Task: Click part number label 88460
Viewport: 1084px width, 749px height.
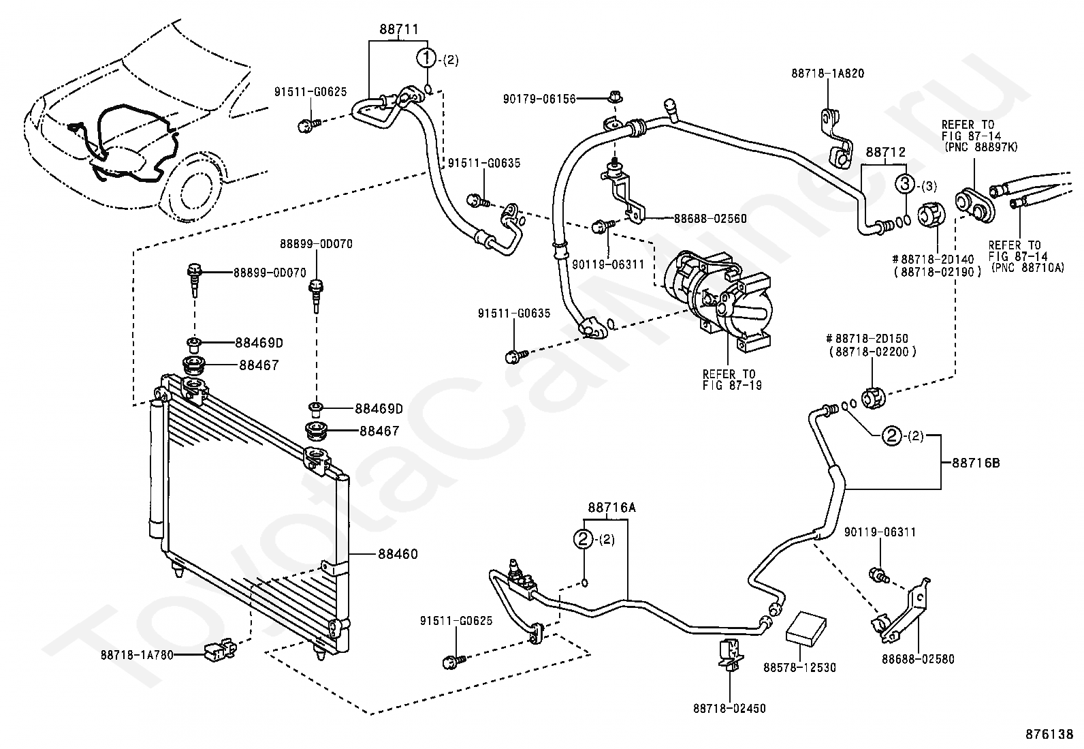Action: (x=397, y=554)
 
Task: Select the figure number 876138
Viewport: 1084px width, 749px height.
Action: (x=1049, y=734)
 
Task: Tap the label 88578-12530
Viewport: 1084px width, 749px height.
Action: (x=799, y=668)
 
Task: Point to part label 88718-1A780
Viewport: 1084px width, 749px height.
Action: (x=137, y=655)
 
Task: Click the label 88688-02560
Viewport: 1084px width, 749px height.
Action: (x=710, y=219)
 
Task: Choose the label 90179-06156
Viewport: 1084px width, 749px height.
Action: (x=539, y=100)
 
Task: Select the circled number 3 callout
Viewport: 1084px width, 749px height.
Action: (x=906, y=184)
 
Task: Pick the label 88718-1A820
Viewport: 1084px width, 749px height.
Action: (x=827, y=74)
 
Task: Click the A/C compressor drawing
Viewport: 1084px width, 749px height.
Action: (x=718, y=299)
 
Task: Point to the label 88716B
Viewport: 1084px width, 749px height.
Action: (x=976, y=463)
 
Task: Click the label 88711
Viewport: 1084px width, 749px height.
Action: (x=399, y=29)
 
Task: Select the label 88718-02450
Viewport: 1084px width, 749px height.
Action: (x=729, y=708)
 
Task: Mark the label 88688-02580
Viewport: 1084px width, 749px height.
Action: (x=918, y=659)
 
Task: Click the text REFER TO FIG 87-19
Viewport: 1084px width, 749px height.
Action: (x=730, y=380)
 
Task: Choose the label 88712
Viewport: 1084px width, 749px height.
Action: (x=885, y=152)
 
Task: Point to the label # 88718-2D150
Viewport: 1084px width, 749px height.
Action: (x=867, y=338)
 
